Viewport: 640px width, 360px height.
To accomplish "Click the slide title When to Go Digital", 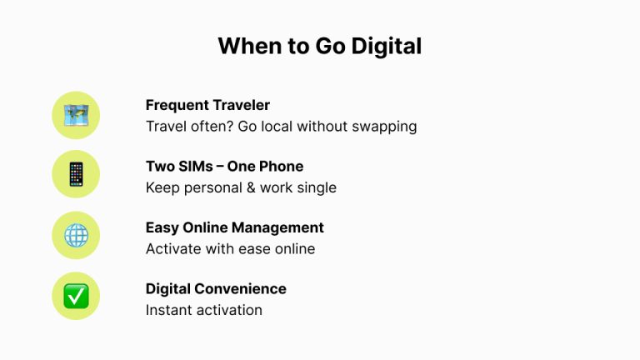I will pyautogui.click(x=319, y=46).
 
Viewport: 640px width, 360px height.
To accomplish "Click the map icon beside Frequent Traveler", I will pyautogui.click(x=76, y=115).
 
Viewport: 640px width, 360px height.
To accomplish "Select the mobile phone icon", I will pyautogui.click(x=76, y=174).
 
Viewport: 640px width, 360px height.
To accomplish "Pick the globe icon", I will pyautogui.click(x=76, y=235).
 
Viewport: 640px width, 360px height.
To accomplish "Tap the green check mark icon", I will pyautogui.click(x=76, y=296).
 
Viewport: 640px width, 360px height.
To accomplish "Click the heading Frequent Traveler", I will pyautogui.click(x=207, y=105).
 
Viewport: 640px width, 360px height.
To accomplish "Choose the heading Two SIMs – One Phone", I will pyautogui.click(x=224, y=166).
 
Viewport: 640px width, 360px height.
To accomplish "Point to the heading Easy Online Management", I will pyautogui.click(x=234, y=227).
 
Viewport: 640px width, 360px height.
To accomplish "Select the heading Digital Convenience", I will pyautogui.click(x=216, y=288).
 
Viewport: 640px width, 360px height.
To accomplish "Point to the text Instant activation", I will pyautogui.click(x=203, y=310).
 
